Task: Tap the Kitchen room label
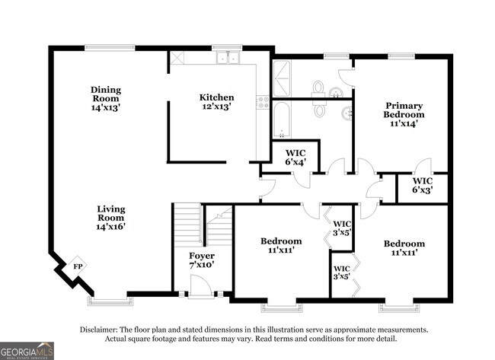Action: pyautogui.click(x=216, y=102)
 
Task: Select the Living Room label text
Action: pyautogui.click(x=111, y=217)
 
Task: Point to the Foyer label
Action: pyautogui.click(x=201, y=260)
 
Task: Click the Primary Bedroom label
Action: pyautogui.click(x=404, y=113)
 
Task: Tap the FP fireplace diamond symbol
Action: pyautogui.click(x=78, y=266)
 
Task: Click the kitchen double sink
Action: pyautogui.click(x=226, y=58)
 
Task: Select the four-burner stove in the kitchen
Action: pyautogui.click(x=263, y=101)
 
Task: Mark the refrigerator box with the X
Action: pyautogui.click(x=177, y=58)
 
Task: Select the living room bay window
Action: pyautogui.click(x=106, y=300)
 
